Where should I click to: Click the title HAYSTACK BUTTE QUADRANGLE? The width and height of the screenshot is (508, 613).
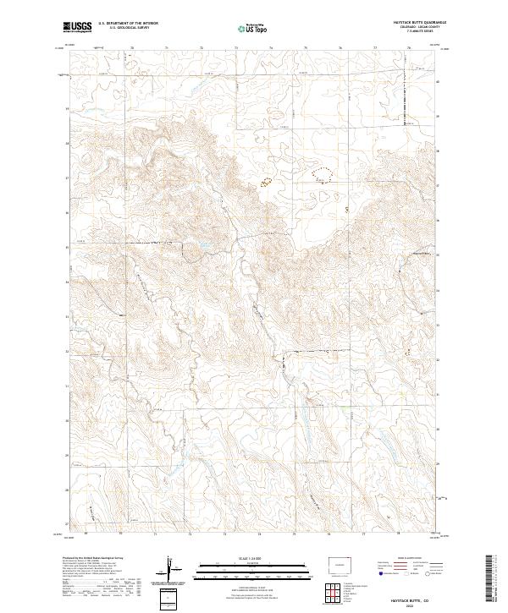tap(418, 23)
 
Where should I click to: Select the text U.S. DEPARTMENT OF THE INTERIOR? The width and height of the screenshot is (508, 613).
tap(128, 24)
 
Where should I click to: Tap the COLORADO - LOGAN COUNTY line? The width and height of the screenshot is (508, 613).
tap(418, 28)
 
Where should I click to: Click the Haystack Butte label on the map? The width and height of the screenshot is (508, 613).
tap(420, 252)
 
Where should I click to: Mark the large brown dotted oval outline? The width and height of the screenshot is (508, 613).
tap(323, 174)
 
